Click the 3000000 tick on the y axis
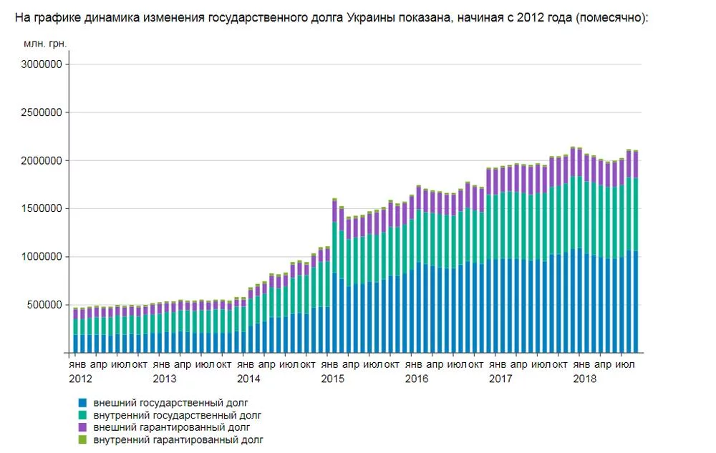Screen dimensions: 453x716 click(x=42, y=64)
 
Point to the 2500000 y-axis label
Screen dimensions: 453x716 click(x=42, y=112)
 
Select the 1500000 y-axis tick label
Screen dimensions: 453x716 click(x=42, y=209)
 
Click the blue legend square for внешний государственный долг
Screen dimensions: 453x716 click(x=83, y=403)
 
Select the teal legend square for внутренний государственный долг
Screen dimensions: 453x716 click(x=83, y=415)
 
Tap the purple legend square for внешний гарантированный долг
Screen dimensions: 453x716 click(x=83, y=427)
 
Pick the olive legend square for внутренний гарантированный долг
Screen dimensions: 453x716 click(x=83, y=439)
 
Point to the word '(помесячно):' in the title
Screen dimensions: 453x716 click(x=611, y=16)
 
